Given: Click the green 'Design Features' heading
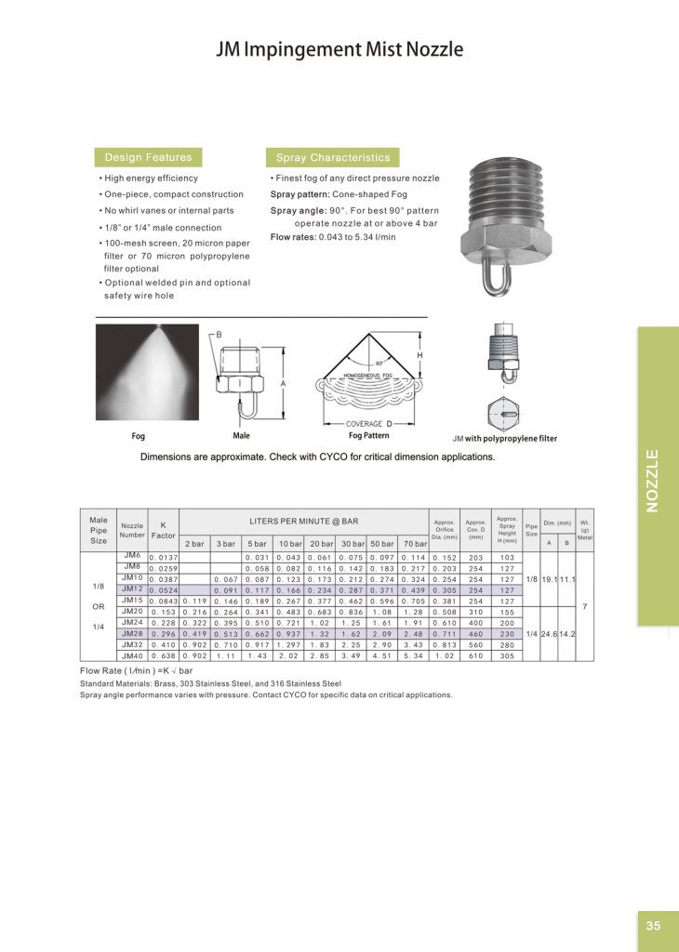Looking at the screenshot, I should coord(148,157).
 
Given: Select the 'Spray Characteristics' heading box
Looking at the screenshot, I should coord(332,157).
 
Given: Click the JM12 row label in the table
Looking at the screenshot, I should coord(131,588).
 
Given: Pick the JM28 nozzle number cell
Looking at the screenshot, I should coord(131,633).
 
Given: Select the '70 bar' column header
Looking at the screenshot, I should coord(414,542).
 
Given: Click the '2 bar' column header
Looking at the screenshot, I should coord(194,542).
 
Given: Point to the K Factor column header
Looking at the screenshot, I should coord(163,530).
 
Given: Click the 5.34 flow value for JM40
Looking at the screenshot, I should coord(414,655).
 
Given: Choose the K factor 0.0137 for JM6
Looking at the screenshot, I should coord(164,556).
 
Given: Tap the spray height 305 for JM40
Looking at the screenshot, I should coord(507,655).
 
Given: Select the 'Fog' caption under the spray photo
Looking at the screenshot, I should coord(139,435).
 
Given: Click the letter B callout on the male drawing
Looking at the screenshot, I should coord(219,333).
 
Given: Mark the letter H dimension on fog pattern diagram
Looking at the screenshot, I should coord(419,355).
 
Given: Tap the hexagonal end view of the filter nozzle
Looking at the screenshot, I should coord(505,413).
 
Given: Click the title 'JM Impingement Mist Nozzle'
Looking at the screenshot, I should coord(339,49).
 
